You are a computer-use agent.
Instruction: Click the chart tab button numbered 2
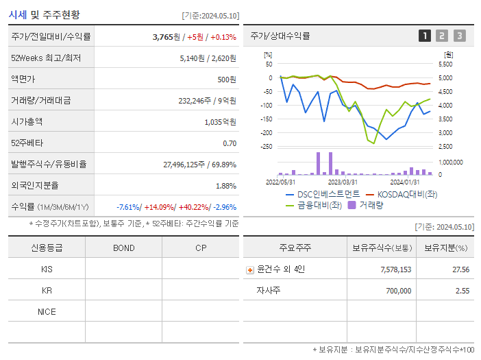point(442,36)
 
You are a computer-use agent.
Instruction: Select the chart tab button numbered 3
point(459,36)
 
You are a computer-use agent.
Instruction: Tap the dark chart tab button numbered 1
point(425,36)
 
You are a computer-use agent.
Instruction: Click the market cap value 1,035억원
point(220,122)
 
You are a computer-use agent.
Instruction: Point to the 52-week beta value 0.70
point(230,143)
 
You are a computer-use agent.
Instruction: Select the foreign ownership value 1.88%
point(226,186)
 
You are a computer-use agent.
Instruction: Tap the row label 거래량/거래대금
point(40,101)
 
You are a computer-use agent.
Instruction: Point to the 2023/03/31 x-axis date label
point(343,182)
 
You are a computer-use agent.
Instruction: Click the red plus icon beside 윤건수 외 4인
point(249,269)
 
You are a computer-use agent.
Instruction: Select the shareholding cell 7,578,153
point(395,269)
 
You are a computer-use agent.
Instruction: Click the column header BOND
point(123,248)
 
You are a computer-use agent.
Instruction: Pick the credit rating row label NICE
point(47,311)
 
